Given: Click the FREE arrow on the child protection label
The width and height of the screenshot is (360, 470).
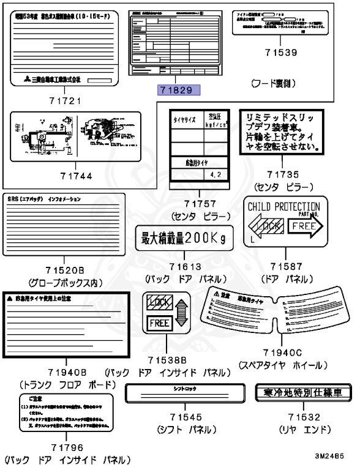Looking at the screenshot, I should click(x=306, y=226).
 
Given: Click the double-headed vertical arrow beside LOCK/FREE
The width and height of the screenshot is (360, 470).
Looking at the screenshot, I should click(x=178, y=313).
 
